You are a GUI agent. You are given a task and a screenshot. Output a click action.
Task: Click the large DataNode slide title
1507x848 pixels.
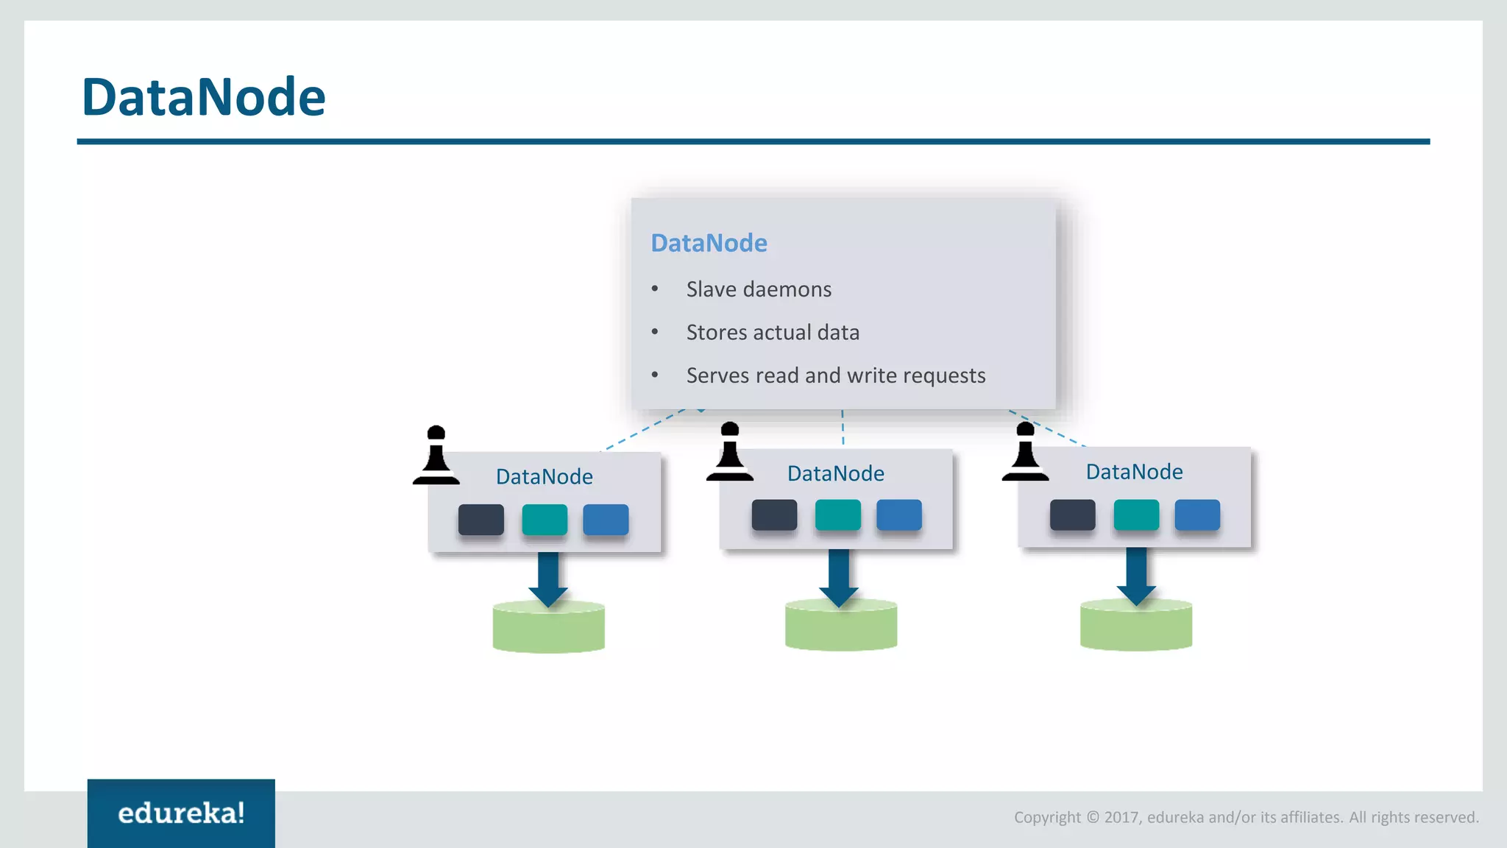[203, 97]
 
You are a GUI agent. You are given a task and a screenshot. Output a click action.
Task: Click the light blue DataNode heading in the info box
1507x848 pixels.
[709, 243]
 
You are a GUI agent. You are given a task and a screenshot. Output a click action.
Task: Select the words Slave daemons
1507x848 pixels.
[759, 289]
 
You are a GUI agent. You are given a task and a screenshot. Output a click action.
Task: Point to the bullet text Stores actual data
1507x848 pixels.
[773, 333]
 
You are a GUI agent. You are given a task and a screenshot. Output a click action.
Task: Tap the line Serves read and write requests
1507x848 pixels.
[835, 375]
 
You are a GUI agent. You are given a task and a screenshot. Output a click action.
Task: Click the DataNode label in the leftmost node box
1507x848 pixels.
[545, 477]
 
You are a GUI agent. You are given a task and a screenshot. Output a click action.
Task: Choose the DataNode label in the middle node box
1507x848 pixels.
[836, 473]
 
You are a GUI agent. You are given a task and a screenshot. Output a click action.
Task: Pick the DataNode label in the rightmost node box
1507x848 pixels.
[1134, 472]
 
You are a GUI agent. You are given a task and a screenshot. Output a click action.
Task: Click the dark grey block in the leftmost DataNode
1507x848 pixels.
[481, 520]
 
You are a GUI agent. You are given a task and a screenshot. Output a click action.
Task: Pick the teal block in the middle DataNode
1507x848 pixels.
[838, 515]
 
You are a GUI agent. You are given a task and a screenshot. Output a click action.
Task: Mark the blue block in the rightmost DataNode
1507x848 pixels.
[1197, 515]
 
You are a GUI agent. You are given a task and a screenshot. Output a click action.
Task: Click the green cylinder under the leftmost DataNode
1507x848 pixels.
[549, 629]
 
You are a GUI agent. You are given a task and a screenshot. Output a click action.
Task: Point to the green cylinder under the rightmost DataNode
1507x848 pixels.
[1136, 628]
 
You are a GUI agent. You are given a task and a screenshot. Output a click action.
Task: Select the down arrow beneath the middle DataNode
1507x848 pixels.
[839, 578]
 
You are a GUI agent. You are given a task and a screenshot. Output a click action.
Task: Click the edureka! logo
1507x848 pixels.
[181, 813]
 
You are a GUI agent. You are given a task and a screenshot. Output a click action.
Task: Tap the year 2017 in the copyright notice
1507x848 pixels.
[1121, 818]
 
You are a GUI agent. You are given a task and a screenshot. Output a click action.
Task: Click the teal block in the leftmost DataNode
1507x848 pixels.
[545, 520]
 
